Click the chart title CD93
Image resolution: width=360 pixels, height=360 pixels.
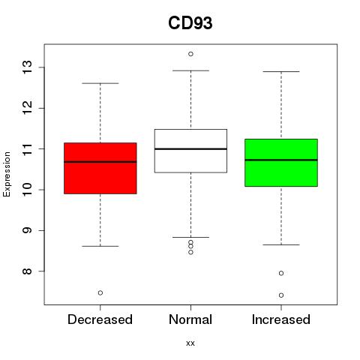(x=190, y=23)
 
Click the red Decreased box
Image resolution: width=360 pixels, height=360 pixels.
(x=100, y=168)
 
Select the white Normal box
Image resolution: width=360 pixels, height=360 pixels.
(x=190, y=151)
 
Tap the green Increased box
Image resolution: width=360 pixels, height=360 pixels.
(x=281, y=163)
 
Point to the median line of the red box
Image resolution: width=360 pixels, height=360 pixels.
(x=100, y=162)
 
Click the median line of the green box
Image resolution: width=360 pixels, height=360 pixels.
(x=281, y=160)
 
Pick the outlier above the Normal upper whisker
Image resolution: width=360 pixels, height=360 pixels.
(x=190, y=54)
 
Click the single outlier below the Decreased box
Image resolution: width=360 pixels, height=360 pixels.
(x=100, y=292)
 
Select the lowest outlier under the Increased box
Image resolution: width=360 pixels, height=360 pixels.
(x=281, y=295)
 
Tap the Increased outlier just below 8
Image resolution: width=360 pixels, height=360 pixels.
(x=281, y=273)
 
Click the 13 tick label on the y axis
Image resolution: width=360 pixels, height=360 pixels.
(x=27, y=67)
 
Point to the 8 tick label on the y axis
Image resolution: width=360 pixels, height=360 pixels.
(x=27, y=271)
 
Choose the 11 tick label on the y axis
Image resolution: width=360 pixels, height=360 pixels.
(x=27, y=149)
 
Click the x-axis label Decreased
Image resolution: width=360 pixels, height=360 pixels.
(x=100, y=319)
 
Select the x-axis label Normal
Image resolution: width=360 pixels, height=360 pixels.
(x=190, y=319)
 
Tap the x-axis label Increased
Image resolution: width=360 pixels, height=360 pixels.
(x=281, y=319)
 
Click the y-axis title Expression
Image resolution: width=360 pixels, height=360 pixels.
(x=7, y=174)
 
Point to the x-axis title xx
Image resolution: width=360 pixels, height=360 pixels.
(x=190, y=343)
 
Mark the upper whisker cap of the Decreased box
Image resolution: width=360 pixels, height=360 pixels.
(x=100, y=83)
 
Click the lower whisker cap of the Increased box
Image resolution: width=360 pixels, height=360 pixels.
(x=281, y=244)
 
